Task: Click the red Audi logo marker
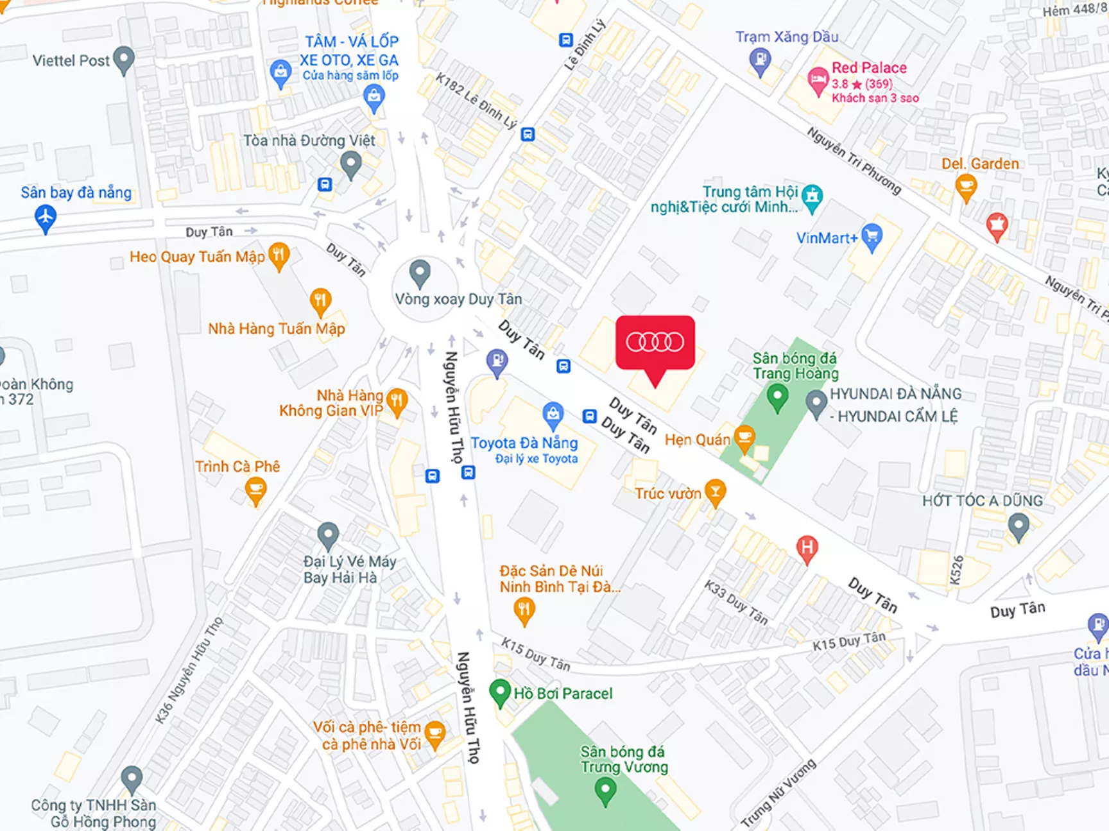655,343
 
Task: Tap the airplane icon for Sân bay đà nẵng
45,218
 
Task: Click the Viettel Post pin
123,60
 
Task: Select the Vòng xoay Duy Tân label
458,299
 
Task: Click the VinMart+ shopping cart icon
872,237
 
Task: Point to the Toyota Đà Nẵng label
524,443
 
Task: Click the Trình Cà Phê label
237,467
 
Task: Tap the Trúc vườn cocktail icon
715,492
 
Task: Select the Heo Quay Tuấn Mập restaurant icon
279,255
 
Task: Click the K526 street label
956,570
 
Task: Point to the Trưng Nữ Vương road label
778,793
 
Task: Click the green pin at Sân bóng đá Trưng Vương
605,790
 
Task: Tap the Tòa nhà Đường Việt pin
350,164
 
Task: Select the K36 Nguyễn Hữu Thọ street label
189,670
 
